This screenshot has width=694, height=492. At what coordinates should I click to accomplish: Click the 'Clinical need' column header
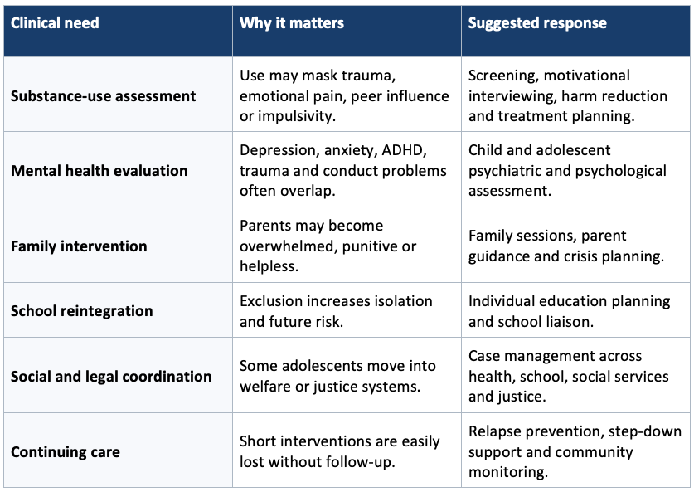point(55,23)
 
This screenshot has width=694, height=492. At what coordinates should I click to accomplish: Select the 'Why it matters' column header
point(292,23)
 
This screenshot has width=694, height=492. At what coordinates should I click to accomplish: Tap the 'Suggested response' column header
point(537,23)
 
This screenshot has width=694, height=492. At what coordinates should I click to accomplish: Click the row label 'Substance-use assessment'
point(103,96)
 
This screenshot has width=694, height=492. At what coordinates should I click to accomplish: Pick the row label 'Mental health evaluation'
point(99,170)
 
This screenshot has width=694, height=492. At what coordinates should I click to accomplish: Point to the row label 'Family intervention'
point(79,246)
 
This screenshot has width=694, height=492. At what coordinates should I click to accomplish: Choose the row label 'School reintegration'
point(82,311)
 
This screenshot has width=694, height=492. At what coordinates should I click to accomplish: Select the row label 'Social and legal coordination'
point(111,377)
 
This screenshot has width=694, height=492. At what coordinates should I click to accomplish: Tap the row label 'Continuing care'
point(66,451)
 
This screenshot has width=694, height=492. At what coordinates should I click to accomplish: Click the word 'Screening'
point(503,76)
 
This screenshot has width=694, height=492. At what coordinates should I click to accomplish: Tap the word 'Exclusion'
point(271,301)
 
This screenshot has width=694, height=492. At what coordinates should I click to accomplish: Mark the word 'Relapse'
point(493,431)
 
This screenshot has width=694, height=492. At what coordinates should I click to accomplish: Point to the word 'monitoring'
point(508,473)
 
